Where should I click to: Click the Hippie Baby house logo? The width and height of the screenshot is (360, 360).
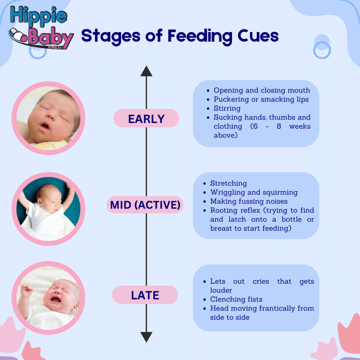[41, 27]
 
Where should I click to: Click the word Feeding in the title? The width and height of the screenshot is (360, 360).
[200, 36]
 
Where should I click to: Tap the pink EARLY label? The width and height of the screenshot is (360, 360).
[146, 118]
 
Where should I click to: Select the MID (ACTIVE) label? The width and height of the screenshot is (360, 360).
[145, 205]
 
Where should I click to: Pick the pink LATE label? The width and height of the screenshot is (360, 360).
[145, 295]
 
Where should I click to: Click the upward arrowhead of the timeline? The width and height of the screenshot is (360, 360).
[146, 71]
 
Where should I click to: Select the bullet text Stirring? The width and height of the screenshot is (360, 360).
[227, 108]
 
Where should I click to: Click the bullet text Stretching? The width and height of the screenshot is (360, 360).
[229, 183]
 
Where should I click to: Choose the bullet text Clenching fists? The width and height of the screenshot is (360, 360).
[236, 299]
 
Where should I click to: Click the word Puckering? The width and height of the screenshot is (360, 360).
[231, 99]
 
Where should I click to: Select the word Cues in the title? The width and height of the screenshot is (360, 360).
[258, 36]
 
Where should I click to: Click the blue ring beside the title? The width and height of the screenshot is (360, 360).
[322, 50]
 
